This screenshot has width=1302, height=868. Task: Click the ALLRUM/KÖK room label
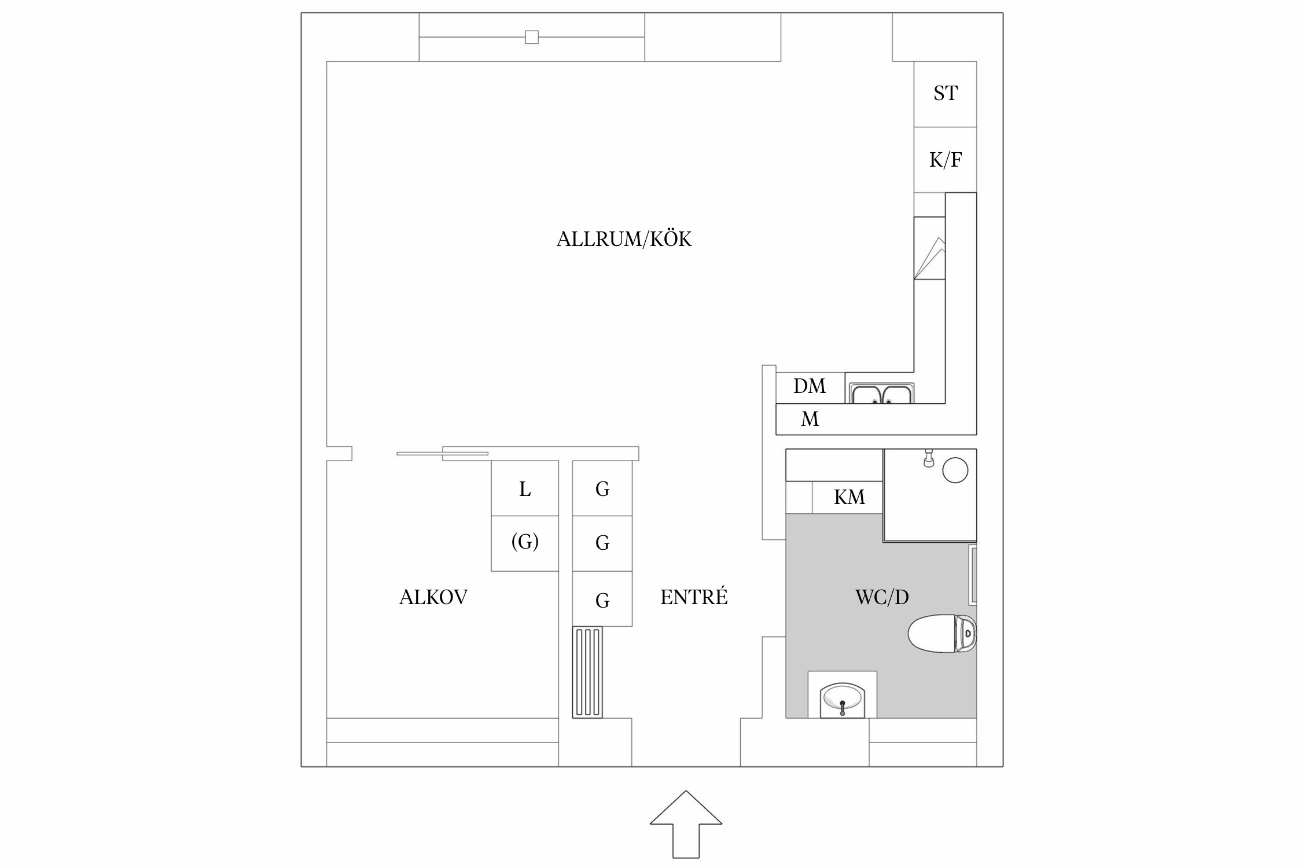click(x=624, y=239)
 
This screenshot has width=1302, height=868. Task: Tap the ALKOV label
click(x=433, y=597)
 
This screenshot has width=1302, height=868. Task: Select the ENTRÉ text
click(x=694, y=597)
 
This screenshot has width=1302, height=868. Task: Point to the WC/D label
click(x=882, y=597)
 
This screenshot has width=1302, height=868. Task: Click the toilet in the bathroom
click(x=942, y=633)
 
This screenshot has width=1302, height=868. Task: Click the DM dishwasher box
click(x=810, y=387)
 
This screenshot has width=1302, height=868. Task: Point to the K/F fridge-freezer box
click(x=945, y=160)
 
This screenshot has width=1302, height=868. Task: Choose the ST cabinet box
click(x=945, y=94)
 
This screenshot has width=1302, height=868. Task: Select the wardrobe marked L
click(x=525, y=489)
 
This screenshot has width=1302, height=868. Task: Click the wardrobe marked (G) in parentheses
click(x=525, y=542)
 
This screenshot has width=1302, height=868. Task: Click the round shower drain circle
click(x=955, y=470)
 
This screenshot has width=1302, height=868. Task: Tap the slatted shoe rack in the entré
click(x=587, y=672)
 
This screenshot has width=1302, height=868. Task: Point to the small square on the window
click(x=531, y=37)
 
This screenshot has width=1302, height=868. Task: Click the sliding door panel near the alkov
click(x=443, y=453)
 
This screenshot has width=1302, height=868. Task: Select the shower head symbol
click(x=929, y=459)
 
